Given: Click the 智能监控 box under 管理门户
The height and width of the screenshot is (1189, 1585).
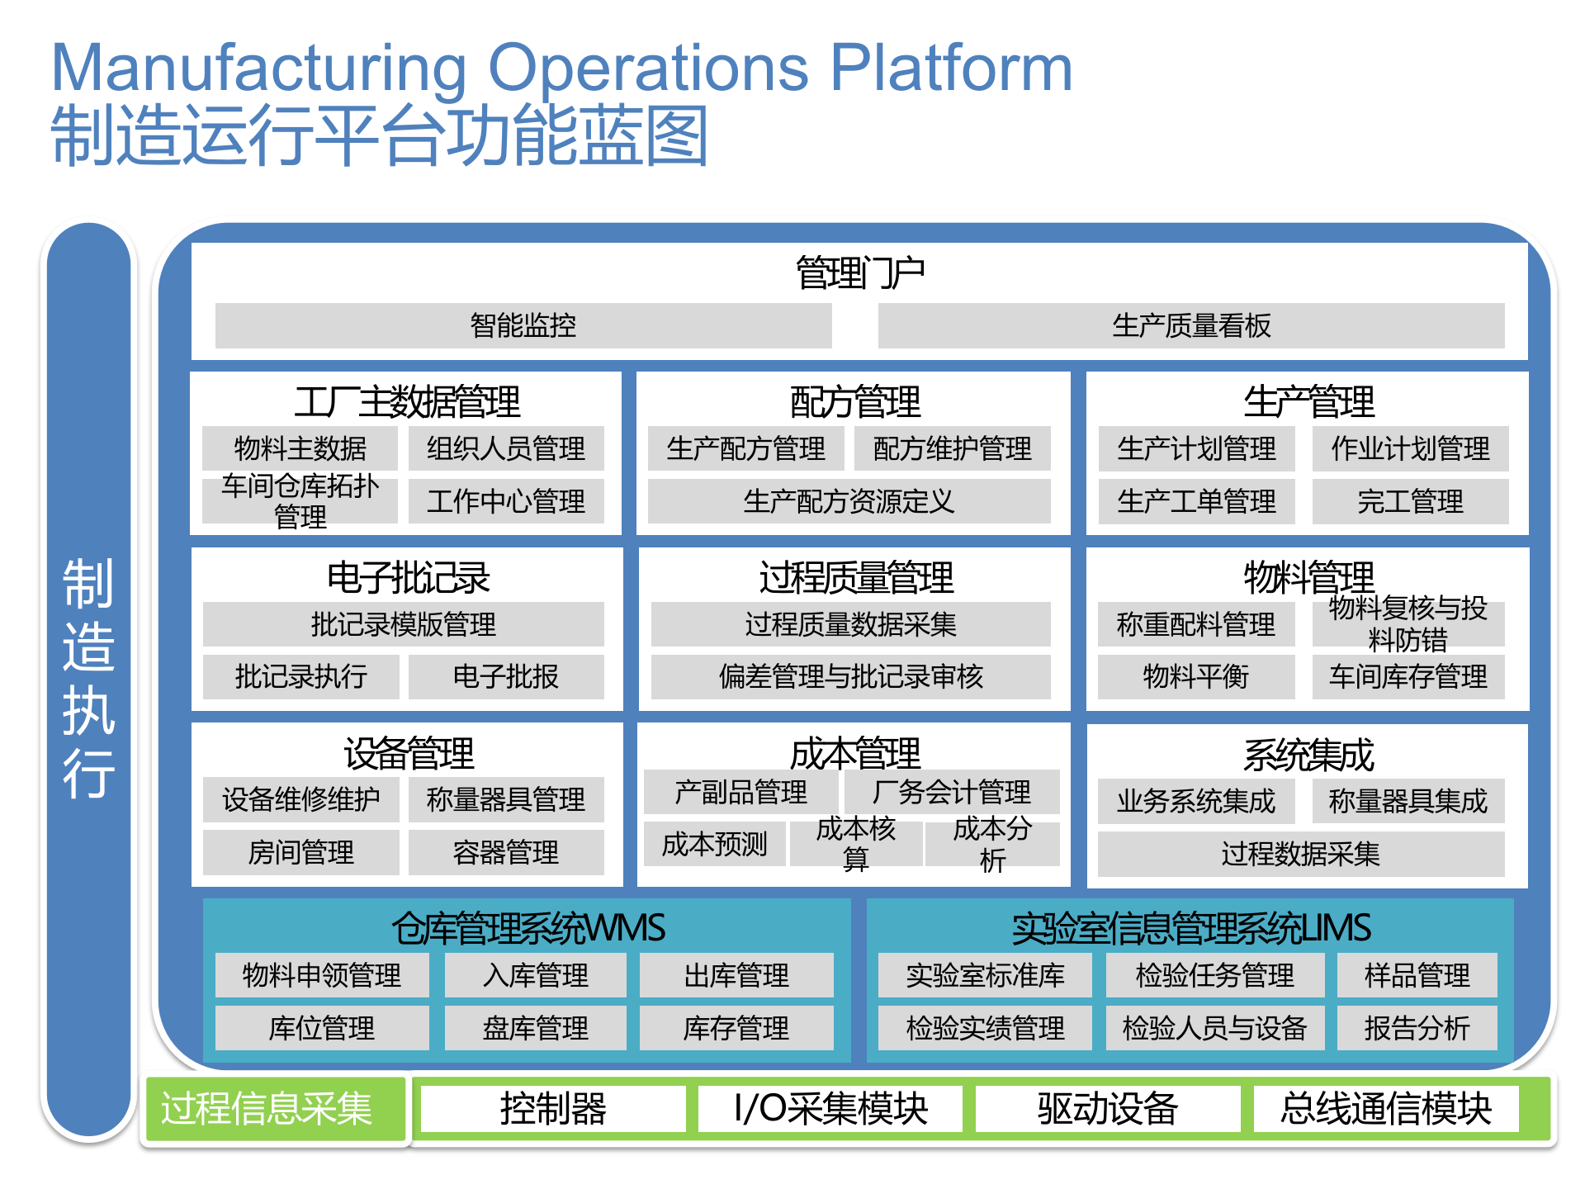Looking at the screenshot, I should tap(523, 325).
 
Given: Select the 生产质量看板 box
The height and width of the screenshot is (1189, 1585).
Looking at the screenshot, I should tap(1190, 325).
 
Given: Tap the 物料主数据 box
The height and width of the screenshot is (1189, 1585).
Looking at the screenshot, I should tap(300, 448).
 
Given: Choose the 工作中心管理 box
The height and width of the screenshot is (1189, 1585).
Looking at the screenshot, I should tap(506, 501).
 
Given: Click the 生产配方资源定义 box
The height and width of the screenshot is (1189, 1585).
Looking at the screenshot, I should tap(849, 501).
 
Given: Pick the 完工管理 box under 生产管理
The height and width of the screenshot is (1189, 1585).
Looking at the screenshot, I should tap(1410, 501).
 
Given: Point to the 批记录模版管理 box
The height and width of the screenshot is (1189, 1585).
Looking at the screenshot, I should tap(403, 624).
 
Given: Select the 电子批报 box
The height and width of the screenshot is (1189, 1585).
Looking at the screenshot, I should tap(506, 677).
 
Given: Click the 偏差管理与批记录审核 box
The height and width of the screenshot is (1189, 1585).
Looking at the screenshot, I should tap(850, 677).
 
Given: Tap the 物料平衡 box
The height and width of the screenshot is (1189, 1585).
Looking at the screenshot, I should tap(1195, 677).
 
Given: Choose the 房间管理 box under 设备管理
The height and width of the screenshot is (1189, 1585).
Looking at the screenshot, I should tap(300, 852).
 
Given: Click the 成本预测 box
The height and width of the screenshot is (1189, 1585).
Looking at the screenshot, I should tap(715, 844).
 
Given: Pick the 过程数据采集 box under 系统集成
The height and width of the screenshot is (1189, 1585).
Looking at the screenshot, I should tap(1300, 854).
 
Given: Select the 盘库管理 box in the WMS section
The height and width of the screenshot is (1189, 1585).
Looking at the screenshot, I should tap(535, 1028).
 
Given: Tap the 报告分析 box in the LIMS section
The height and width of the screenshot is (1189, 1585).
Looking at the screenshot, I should tap(1417, 1028).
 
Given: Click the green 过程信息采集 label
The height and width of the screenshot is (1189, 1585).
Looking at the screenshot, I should tap(267, 1108).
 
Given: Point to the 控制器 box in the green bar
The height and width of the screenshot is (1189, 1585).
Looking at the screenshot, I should tap(553, 1108).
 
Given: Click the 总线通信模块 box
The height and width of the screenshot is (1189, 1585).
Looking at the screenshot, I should tap(1386, 1108).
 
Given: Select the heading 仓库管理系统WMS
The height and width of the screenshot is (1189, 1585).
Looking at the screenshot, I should tap(528, 927).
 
